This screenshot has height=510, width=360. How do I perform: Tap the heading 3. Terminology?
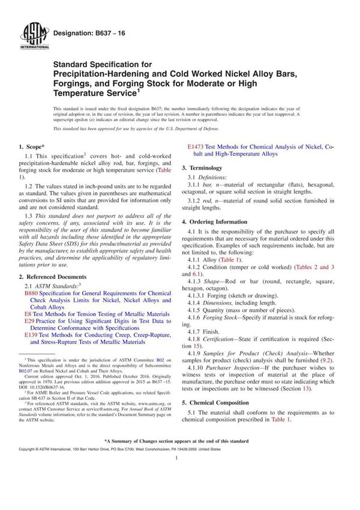[206, 169]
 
